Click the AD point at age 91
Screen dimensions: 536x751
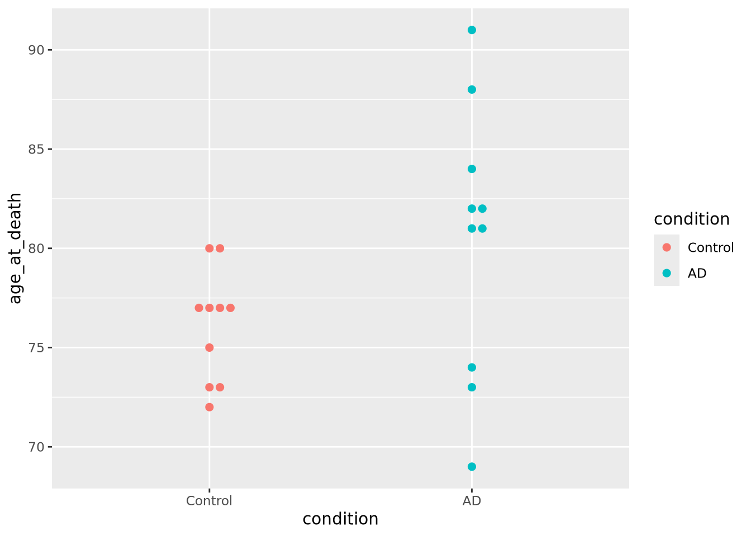pyautogui.click(x=472, y=30)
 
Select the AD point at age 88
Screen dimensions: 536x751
pyautogui.click(x=472, y=89)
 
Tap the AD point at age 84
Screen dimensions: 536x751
pyautogui.click(x=472, y=169)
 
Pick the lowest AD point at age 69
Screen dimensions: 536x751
pyautogui.click(x=472, y=467)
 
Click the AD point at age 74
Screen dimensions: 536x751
pyautogui.click(x=472, y=367)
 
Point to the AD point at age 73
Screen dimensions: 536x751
pyautogui.click(x=472, y=387)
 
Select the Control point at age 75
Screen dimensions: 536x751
pyautogui.click(x=210, y=347)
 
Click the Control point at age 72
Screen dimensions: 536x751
pyautogui.click(x=210, y=407)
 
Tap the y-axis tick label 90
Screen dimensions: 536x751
pyautogui.click(x=36, y=50)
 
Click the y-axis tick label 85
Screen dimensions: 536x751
pyautogui.click(x=36, y=149)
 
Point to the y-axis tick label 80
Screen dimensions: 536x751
pyautogui.click(x=36, y=248)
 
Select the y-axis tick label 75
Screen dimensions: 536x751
pyautogui.click(x=36, y=348)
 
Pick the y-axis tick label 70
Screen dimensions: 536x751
pyautogui.click(x=36, y=447)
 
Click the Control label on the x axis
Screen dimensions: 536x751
pyautogui.click(x=209, y=501)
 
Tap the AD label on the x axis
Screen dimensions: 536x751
pyautogui.click(x=472, y=501)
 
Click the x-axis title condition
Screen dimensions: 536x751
pyautogui.click(x=340, y=519)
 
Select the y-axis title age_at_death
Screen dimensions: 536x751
pyautogui.click(x=16, y=248)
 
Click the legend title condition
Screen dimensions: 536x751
pyautogui.click(x=692, y=219)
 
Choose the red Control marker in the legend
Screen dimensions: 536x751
pyautogui.click(x=667, y=247)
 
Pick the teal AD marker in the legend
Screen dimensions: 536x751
pyautogui.click(x=667, y=274)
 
